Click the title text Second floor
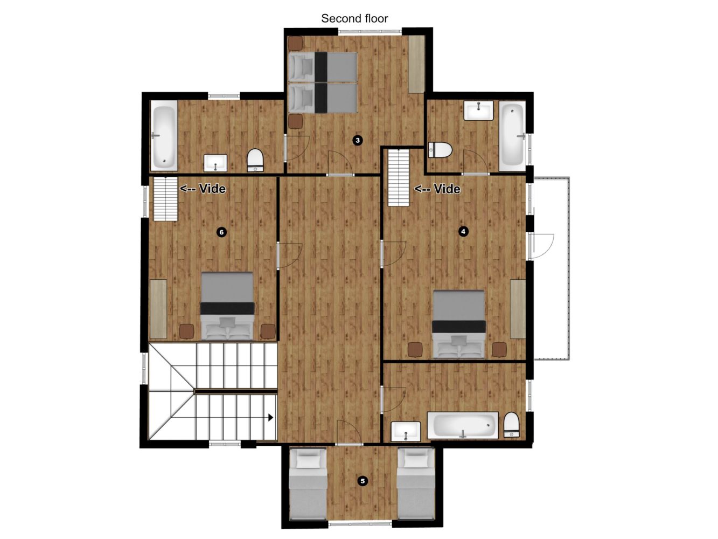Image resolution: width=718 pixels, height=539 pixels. click(354, 18)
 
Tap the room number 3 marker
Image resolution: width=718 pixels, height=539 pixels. click(358, 140)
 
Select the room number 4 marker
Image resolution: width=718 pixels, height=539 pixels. click(463, 231)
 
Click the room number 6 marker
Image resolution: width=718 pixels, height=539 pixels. click(221, 232)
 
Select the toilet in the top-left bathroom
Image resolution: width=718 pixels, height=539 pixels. click(255, 161)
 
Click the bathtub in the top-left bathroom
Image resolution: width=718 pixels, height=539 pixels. click(164, 135)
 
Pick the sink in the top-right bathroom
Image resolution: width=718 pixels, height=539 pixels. click(478, 110)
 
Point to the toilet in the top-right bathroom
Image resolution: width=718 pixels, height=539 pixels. click(440, 150)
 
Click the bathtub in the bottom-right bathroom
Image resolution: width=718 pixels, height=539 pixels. click(463, 425)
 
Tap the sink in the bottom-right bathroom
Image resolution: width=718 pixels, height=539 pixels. click(406, 432)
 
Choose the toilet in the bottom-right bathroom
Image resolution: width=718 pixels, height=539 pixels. click(511, 425)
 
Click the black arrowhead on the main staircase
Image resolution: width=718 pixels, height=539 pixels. click(271, 418)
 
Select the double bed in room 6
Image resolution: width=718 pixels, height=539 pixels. click(227, 306)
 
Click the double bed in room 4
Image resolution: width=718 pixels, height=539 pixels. click(458, 324)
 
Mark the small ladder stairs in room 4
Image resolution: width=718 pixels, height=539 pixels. click(399, 177)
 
